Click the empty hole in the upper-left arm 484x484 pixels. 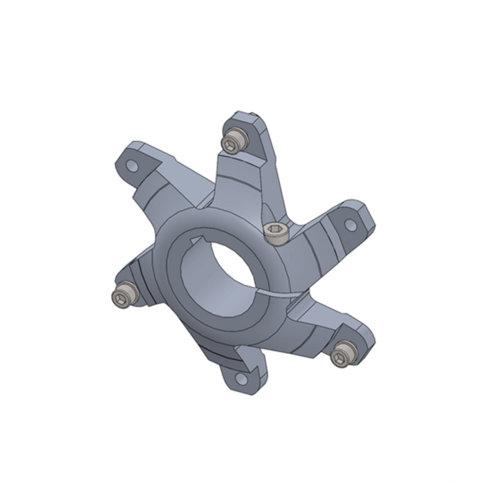[130, 166]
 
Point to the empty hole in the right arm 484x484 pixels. [351, 225]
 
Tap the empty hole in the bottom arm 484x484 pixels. [240, 378]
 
